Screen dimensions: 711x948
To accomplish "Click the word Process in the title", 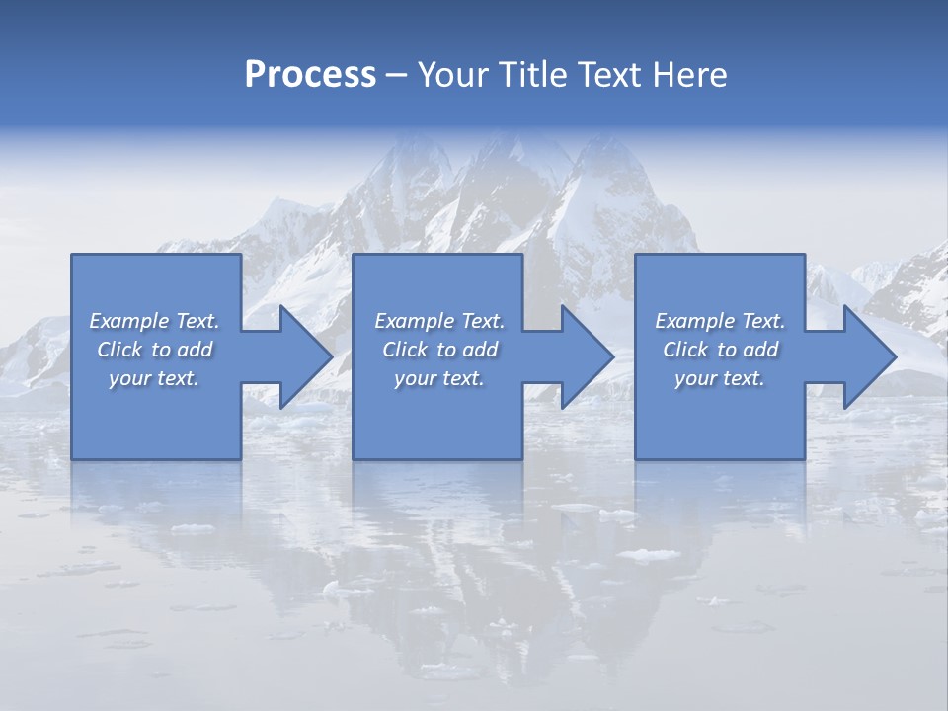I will coord(310,75).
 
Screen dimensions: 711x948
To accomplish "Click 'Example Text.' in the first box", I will coord(155,321).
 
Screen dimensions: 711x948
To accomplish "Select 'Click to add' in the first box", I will coord(155,350).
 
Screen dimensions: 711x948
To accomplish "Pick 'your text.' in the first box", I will coord(155,378).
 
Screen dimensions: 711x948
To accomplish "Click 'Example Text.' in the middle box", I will coord(439,321).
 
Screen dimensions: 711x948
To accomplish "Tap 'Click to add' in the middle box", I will coord(439,350).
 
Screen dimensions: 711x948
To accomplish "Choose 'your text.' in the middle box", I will coord(439,378).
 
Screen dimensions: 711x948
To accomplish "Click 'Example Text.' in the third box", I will coord(720,321).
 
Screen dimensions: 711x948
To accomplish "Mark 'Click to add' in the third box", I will coord(720,350).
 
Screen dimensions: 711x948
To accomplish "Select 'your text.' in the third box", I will coord(720,378).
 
